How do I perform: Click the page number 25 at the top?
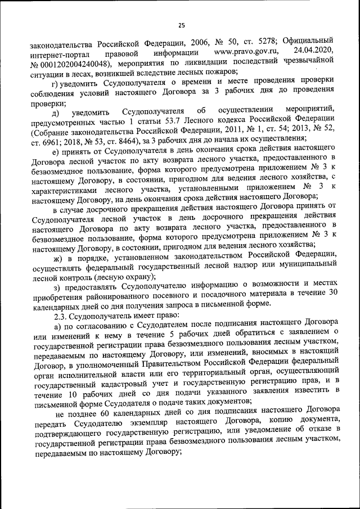[182, 25]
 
